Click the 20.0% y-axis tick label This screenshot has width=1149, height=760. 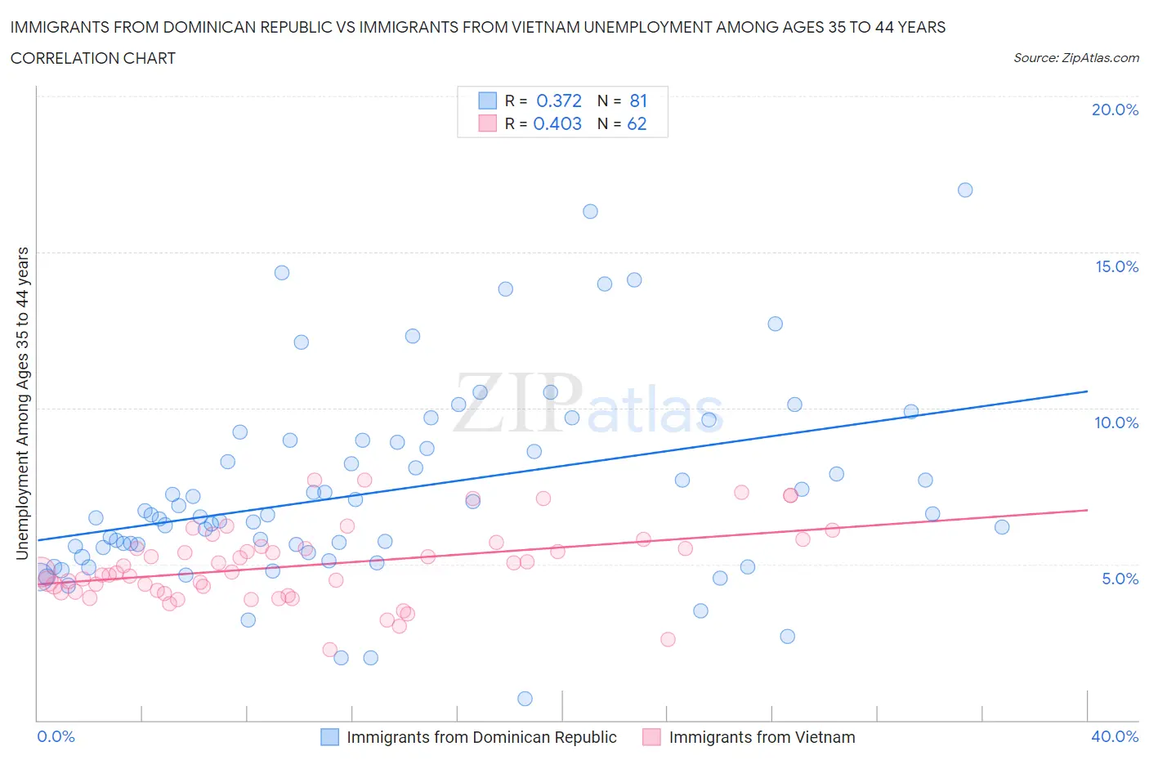[x=1115, y=110]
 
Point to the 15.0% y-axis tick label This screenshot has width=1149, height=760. [x=1116, y=266]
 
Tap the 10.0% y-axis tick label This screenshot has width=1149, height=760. [x=1116, y=422]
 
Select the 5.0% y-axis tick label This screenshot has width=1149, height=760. [x=1120, y=579]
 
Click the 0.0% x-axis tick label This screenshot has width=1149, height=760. [x=56, y=736]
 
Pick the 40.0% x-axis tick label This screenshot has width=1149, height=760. [x=1115, y=736]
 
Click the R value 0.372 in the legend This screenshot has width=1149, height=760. [x=559, y=101]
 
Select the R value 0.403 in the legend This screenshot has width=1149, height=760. [x=557, y=123]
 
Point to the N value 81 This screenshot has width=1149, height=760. [x=638, y=101]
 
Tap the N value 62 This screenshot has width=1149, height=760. [x=637, y=123]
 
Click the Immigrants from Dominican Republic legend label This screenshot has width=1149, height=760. [x=481, y=737]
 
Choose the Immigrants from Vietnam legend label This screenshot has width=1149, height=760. [x=762, y=737]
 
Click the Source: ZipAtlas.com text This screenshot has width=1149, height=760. [x=1075, y=58]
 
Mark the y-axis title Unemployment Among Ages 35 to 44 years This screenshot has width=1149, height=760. [x=23, y=403]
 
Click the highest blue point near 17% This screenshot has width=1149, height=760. [x=965, y=190]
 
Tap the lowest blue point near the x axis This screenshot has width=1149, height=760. [x=525, y=699]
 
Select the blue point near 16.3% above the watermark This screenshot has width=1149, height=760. [x=590, y=212]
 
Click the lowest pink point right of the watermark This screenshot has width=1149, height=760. [x=668, y=639]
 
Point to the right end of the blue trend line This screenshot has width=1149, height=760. [x=1087, y=391]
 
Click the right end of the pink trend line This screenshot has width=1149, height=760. [x=1087, y=510]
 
